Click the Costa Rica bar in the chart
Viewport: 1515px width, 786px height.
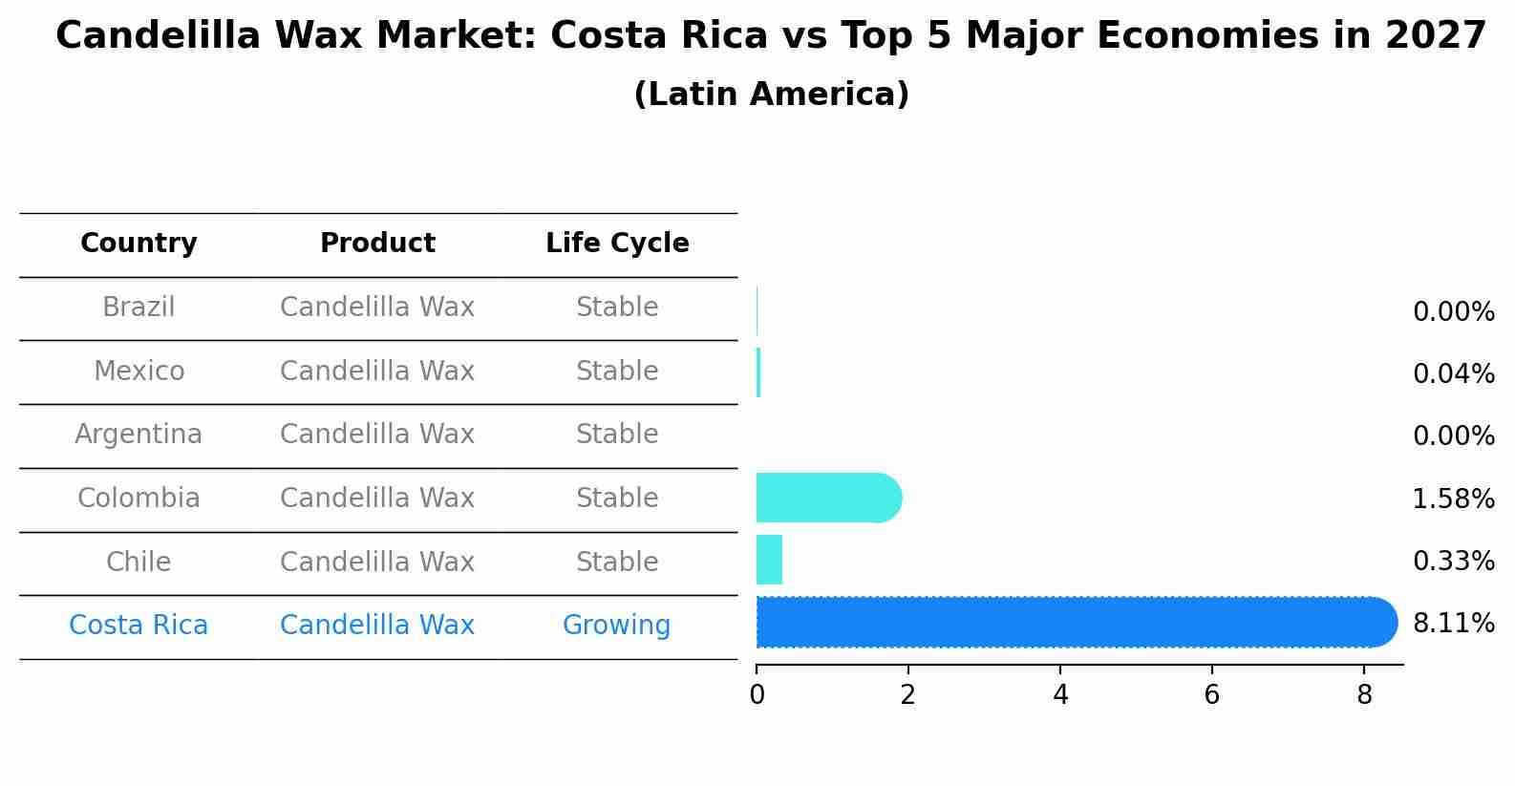pos(1075,623)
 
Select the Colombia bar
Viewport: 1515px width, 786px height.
pos(827,498)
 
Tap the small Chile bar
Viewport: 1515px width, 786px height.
pos(769,560)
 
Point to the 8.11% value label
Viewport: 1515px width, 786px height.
pos(1453,624)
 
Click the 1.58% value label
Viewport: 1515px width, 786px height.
pos(1453,499)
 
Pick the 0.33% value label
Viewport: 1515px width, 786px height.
pos(1453,561)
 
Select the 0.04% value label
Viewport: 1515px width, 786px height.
pos(1453,373)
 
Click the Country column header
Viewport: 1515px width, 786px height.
pos(139,244)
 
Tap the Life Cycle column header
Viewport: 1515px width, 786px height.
pos(617,244)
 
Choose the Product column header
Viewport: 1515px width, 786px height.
pos(377,244)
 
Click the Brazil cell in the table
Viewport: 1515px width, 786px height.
pos(139,308)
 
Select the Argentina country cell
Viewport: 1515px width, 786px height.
pos(139,435)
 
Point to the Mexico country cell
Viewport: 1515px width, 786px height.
pos(139,371)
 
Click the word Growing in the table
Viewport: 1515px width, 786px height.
pos(616,625)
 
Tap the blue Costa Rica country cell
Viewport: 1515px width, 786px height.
pos(139,625)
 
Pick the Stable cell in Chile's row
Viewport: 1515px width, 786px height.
pos(617,562)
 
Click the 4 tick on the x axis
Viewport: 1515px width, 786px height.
pos(1060,694)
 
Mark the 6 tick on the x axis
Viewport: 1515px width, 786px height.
pos(1211,694)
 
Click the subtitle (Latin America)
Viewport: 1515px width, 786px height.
pos(771,95)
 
